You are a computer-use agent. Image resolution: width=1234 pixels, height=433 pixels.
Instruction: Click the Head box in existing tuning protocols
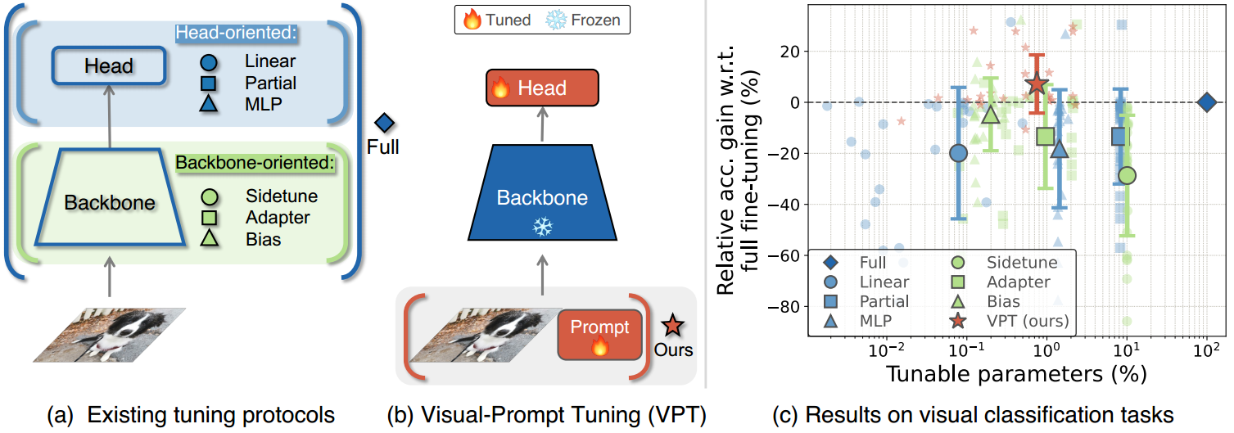pos(110,65)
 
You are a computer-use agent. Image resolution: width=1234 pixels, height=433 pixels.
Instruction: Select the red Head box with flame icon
pos(542,88)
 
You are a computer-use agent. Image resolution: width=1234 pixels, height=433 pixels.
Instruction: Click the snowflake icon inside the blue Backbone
pos(542,227)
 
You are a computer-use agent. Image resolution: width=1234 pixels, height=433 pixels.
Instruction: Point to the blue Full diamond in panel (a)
pos(384,124)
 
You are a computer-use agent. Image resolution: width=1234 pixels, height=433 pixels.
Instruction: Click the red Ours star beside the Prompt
pos(672,327)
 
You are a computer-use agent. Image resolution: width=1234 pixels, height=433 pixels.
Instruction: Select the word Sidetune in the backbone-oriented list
pos(281,196)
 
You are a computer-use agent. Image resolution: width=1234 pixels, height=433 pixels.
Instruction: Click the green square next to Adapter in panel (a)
pos(208,218)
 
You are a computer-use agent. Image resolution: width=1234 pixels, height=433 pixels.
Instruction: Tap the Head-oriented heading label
pos(237,34)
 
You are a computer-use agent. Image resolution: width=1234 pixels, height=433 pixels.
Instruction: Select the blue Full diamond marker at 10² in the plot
pos(1205,102)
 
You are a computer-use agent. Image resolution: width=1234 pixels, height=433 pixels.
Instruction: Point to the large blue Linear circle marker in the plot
pos(958,153)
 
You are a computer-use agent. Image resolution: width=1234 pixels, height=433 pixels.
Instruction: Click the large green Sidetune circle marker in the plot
pos(1127,175)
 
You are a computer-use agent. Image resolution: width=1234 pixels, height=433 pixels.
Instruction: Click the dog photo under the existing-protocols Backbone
pos(109,333)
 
